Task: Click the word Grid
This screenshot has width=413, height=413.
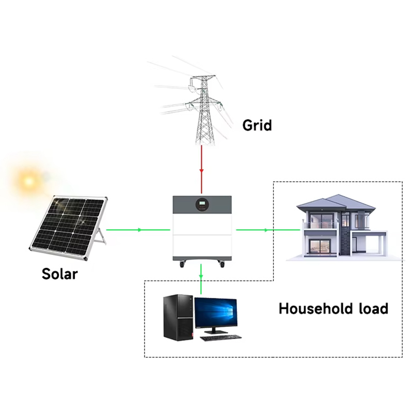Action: (x=257, y=125)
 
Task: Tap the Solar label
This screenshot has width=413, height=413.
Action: (x=59, y=273)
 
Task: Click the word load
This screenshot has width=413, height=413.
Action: (x=373, y=309)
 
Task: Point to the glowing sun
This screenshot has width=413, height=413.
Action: (x=27, y=181)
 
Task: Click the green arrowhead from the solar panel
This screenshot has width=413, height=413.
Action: (x=140, y=229)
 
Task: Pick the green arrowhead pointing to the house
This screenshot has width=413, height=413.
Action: (x=266, y=229)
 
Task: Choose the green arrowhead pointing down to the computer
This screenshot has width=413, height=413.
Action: (x=201, y=276)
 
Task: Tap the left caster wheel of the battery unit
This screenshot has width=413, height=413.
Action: (x=182, y=265)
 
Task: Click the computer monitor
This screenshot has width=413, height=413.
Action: (x=215, y=314)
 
